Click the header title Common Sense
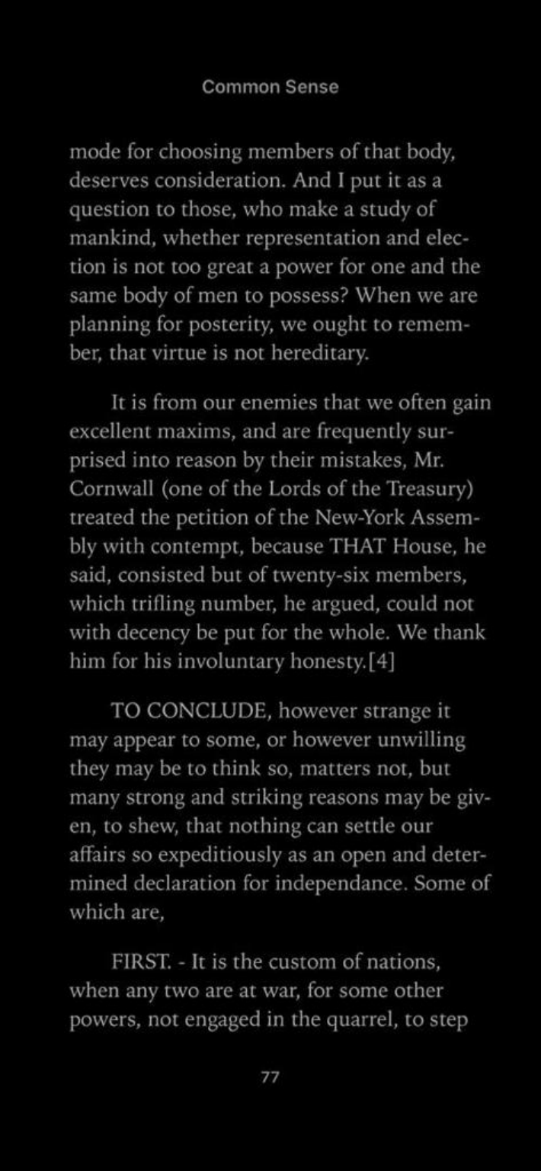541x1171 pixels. click(270, 87)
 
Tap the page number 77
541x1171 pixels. click(270, 1077)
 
